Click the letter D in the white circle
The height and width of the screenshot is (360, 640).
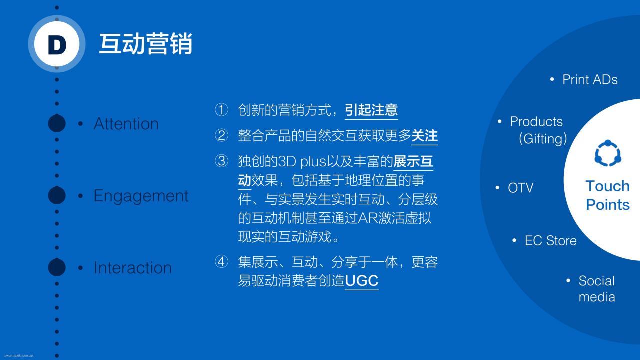click(57, 45)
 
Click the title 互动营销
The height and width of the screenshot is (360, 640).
click(145, 44)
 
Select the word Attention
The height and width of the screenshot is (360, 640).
click(126, 124)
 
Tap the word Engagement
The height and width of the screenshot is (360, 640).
click(141, 196)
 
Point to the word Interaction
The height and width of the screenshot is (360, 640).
click(133, 268)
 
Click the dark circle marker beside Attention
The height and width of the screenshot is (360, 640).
click(57, 123)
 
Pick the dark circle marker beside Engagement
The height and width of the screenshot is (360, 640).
click(57, 195)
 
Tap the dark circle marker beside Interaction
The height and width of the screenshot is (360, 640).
click(57, 267)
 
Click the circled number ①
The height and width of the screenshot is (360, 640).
click(221, 110)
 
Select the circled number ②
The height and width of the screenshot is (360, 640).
click(221, 135)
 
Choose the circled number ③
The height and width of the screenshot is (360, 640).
click(221, 161)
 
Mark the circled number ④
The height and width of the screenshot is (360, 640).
click(221, 262)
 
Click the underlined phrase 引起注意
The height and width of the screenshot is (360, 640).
click(371, 110)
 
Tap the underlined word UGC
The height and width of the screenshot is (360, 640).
click(361, 281)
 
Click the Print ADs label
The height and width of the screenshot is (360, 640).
click(590, 79)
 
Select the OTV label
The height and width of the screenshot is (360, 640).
click(521, 188)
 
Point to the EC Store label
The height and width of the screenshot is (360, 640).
click(551, 241)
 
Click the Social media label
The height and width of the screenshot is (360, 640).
click(597, 289)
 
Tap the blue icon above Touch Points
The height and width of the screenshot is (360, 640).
click(608, 153)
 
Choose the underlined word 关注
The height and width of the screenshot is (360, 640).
click(424, 136)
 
